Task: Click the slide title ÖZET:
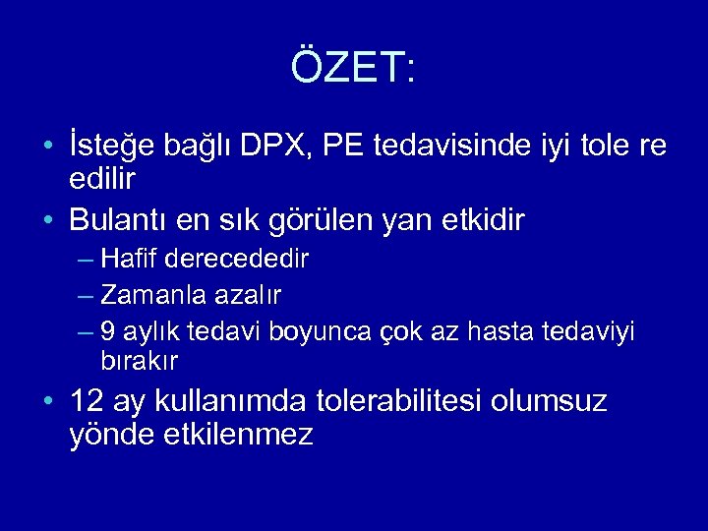tap(354, 68)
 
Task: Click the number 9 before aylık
tap(108, 330)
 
